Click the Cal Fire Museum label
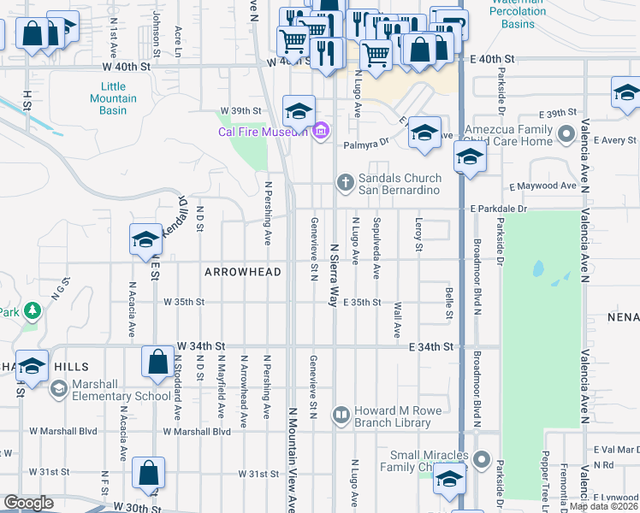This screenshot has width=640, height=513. [x=262, y=131]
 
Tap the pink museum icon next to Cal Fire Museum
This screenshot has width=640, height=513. [x=320, y=131]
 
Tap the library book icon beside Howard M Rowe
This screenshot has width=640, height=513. [x=341, y=416]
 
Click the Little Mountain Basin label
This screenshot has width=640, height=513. [x=113, y=93]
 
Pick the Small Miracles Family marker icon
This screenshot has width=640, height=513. [x=482, y=460]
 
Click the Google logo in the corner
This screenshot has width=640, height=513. [x=28, y=503]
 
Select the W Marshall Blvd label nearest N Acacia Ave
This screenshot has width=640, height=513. [x=58, y=432]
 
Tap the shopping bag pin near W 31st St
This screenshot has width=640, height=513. [x=148, y=472]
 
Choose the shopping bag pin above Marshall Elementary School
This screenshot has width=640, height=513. [x=158, y=361]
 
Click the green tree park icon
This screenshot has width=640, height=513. [x=32, y=310]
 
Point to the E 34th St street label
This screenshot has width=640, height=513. [x=430, y=346]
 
